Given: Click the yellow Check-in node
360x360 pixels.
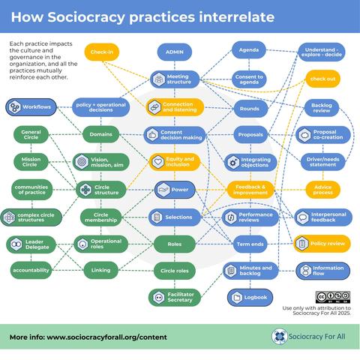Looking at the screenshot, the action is click(x=102, y=52).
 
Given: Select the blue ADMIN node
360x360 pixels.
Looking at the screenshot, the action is click(x=175, y=52).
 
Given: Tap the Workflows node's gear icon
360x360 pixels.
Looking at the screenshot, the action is click(x=14, y=107).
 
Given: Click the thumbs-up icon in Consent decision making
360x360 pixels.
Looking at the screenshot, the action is click(x=152, y=135).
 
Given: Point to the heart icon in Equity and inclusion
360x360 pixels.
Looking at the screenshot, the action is click(x=157, y=162).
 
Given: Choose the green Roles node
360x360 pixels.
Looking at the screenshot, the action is click(x=175, y=244).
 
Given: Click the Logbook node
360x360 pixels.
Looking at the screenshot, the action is click(x=250, y=298).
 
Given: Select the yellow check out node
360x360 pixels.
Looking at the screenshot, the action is click(x=322, y=79).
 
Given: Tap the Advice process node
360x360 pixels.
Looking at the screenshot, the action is click(x=322, y=190).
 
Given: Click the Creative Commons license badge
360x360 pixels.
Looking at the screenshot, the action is click(x=333, y=297).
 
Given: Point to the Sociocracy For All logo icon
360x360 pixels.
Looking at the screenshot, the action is click(x=279, y=337).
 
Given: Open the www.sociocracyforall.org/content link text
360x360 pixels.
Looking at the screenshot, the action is click(x=106, y=337).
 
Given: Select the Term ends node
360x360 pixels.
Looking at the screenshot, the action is click(x=250, y=244).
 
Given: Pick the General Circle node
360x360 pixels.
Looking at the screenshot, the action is click(x=31, y=134).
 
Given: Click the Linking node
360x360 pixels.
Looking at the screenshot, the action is click(x=100, y=270).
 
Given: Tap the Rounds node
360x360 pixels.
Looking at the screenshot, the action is click(x=250, y=109).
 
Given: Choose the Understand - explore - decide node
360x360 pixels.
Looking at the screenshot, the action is click(x=322, y=52).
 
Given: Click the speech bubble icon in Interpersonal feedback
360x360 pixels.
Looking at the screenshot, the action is click(x=303, y=217).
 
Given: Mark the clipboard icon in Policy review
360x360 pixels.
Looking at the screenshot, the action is click(x=301, y=244).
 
